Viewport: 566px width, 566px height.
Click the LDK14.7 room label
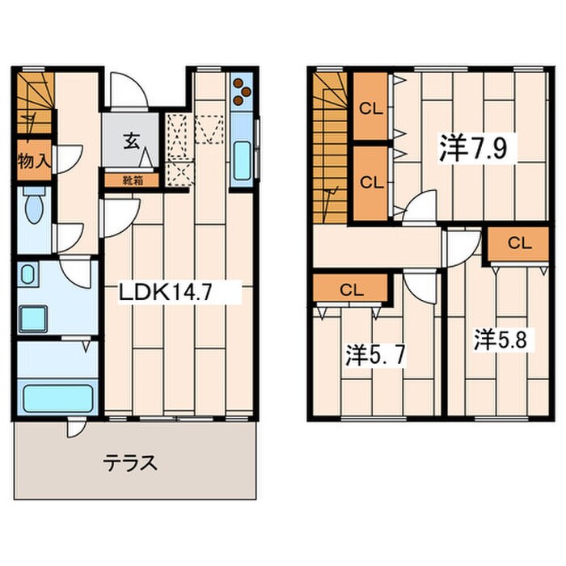pos(165,293)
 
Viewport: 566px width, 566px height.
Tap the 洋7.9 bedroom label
pos(473,148)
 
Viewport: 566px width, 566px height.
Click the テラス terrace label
pos(130,463)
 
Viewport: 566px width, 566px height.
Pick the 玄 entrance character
pos(131,141)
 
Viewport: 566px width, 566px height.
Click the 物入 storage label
pos(34,160)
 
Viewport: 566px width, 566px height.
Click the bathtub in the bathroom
pos(57,399)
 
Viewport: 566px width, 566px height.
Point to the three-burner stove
pos(242,91)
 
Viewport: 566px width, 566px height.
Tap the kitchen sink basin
pos(242,161)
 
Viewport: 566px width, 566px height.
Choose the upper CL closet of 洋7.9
pos(370,107)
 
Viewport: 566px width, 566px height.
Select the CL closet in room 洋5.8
pos(519,243)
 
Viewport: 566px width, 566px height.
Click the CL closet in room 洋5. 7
pos(350,289)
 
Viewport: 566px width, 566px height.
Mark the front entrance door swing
pos(129,91)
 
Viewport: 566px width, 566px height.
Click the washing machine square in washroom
pos(33,319)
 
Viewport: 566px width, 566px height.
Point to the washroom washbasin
pos(27,274)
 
